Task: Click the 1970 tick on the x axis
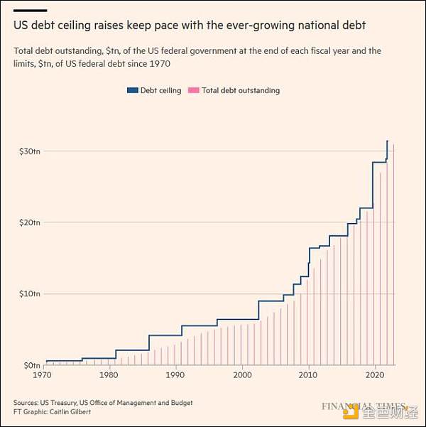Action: (x=43, y=374)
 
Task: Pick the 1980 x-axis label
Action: (x=109, y=374)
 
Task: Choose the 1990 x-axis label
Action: (x=175, y=374)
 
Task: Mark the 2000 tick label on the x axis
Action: (x=242, y=374)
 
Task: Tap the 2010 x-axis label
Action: (x=308, y=374)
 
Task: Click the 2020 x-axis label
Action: (x=374, y=374)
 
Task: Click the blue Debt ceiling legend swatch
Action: (x=132, y=91)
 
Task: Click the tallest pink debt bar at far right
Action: (x=393, y=256)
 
